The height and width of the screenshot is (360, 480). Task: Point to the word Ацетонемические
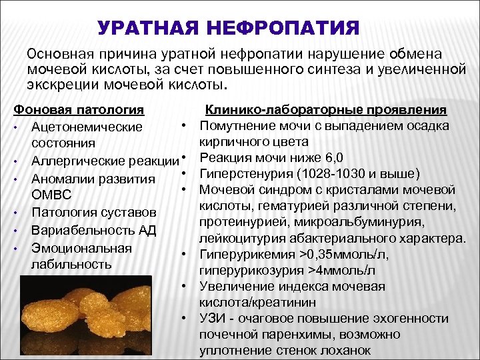tap(87, 127)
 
